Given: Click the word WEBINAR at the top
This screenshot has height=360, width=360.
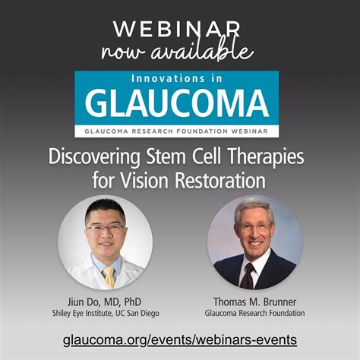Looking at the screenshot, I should (181, 28).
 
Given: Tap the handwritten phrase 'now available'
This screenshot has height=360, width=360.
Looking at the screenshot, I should (181, 52).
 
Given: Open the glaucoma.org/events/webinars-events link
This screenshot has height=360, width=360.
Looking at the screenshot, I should (181, 339).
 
